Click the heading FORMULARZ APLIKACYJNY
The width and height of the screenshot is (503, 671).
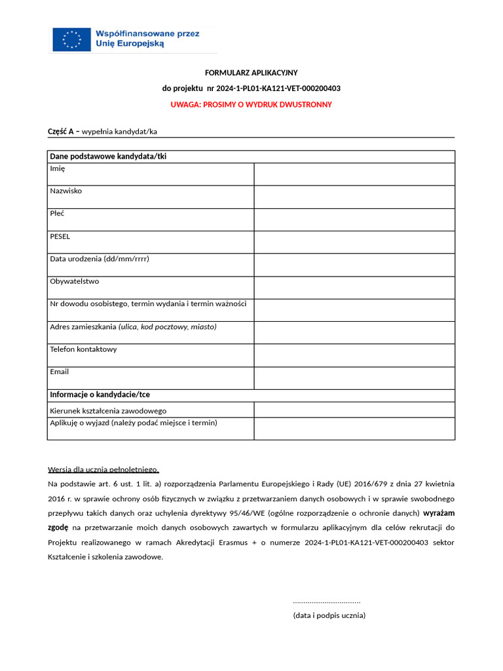(251, 73)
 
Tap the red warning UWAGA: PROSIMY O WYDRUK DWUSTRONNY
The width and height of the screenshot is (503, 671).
(251, 105)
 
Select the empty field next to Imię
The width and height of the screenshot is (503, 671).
(354, 174)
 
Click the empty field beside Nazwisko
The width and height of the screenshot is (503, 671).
(354, 197)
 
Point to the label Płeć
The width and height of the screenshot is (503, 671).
(58, 214)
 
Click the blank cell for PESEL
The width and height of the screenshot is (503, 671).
(354, 242)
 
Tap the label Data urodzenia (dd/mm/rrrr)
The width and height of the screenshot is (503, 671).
(100, 259)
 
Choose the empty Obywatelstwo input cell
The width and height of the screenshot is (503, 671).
(354, 288)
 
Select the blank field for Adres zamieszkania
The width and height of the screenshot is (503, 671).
(354, 333)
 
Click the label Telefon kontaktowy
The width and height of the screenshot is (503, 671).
(83, 349)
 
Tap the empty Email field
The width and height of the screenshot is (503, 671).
(354, 378)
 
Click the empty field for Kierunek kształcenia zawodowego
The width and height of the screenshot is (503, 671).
(354, 410)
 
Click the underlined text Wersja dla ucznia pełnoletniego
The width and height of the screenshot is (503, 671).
(103, 469)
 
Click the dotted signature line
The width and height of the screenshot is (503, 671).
(327, 602)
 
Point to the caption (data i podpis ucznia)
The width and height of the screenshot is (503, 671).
(329, 615)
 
